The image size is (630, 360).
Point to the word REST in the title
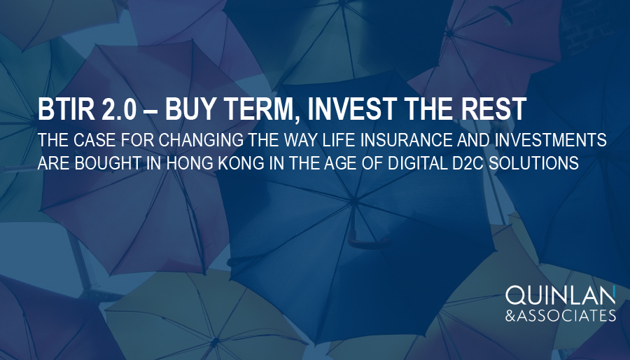pyautogui.click(x=490, y=111)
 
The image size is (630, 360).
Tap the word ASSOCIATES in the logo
pyautogui.click(x=568, y=316)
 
